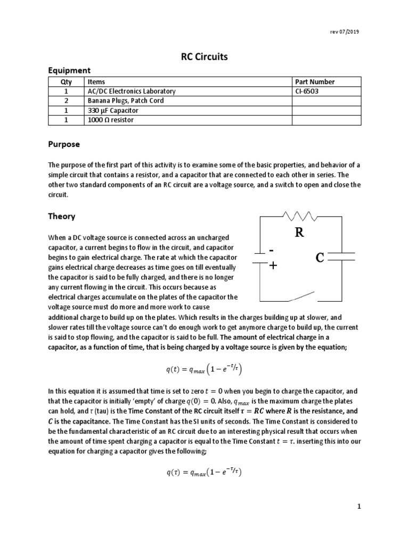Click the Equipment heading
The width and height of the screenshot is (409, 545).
click(70, 70)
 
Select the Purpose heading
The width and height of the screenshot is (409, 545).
click(64, 144)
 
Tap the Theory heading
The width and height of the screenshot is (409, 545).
click(62, 217)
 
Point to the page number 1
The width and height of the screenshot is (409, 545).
click(359, 507)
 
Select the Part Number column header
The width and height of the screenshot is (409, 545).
click(315, 82)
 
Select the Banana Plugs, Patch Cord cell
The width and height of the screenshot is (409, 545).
click(126, 101)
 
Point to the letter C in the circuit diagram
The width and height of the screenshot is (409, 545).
click(320, 258)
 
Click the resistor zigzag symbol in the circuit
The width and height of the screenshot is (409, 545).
click(302, 216)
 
